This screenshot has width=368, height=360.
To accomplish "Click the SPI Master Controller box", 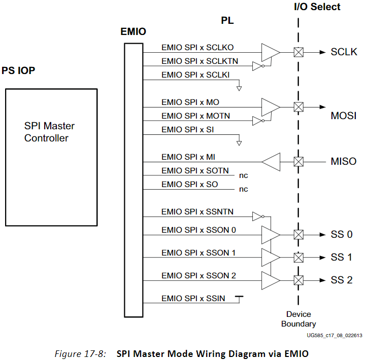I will [x=51, y=157].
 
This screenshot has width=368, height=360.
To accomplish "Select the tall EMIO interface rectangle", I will [x=134, y=179].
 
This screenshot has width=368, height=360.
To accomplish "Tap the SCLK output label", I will [x=344, y=52].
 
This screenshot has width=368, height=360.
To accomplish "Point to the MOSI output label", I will [x=344, y=116].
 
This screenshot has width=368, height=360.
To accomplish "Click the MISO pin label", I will [x=344, y=162].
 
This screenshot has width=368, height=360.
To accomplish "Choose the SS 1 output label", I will [x=342, y=257].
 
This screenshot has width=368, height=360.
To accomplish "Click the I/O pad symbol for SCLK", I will [x=299, y=52].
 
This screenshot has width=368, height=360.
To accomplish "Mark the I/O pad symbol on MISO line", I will [x=299, y=162].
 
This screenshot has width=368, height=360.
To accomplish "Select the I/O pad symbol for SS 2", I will [x=299, y=280].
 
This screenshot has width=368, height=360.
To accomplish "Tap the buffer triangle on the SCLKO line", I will [x=270, y=52].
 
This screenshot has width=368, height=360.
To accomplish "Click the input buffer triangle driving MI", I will [x=272, y=162].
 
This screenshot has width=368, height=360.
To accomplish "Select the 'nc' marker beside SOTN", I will [x=244, y=175].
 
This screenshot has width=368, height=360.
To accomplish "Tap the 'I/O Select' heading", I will [x=317, y=7].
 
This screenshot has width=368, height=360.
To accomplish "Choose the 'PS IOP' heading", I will [x=19, y=70].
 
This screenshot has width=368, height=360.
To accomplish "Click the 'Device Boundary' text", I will [x=298, y=319].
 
